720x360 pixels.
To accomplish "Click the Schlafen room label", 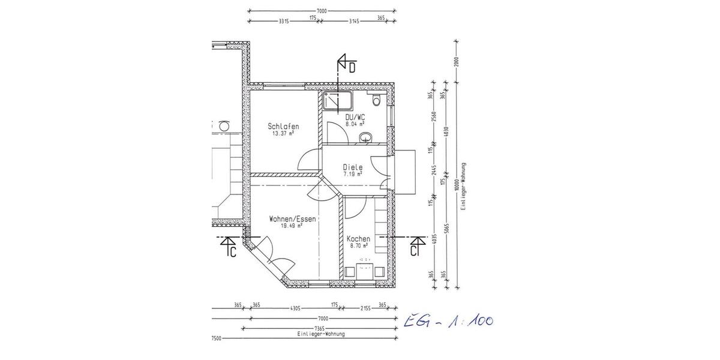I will pos(283,127).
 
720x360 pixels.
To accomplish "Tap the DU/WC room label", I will pos(355,117).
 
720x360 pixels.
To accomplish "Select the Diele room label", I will pos(353,167).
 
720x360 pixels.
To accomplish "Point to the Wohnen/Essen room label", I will pos(293,219).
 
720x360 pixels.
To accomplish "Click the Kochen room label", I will pos(358,239).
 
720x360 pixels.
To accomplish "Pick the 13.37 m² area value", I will pos(283,134).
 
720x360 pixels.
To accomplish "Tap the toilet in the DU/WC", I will pos(377,100).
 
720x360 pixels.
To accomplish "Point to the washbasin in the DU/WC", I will pos(366,139).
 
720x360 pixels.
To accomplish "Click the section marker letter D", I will pos(353,68).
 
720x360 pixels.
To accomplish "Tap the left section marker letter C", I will pos(233,252).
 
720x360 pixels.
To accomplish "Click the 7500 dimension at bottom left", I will pos(217,339).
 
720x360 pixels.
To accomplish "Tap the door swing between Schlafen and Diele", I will pos(305,160).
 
